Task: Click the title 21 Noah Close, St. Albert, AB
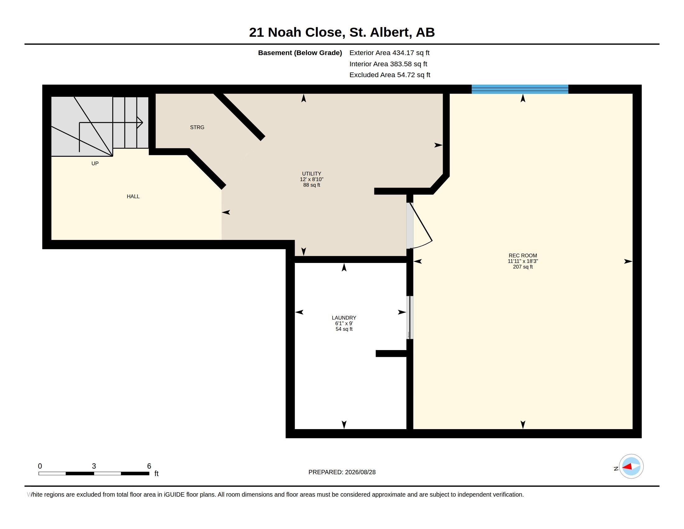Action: [x=342, y=32]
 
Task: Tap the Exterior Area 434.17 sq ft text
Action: [x=389, y=53]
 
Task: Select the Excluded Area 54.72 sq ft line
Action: [x=390, y=75]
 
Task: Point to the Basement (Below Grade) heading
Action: [x=300, y=53]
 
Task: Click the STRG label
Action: [x=197, y=127]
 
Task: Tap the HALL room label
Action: [x=133, y=196]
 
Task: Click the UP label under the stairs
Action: [x=95, y=164]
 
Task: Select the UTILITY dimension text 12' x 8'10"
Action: [x=312, y=179]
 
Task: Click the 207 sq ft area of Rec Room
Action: [x=523, y=267]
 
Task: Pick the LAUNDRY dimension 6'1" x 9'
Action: [x=344, y=323]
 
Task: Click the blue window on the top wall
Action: [x=520, y=89]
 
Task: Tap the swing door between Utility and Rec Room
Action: [x=420, y=226]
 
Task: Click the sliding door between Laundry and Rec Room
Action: [x=410, y=317]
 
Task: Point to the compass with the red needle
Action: [x=631, y=466]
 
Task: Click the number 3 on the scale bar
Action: [x=94, y=466]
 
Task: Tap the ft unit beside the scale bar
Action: [x=157, y=474]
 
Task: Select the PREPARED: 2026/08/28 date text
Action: [x=342, y=472]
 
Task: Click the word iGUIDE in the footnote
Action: [x=174, y=495]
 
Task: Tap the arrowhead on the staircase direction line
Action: [x=140, y=123]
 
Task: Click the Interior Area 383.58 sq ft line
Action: [x=388, y=64]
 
